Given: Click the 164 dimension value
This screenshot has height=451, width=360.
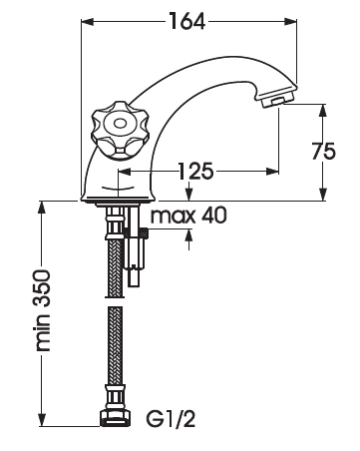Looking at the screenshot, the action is point(187,21).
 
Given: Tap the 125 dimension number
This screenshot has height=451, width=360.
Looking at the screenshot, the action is point(195,172).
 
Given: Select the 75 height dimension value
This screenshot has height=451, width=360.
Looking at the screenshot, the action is point(324,151).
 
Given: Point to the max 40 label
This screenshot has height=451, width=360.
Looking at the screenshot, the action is point(188,216).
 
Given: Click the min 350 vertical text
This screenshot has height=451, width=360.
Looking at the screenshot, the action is point(43,310).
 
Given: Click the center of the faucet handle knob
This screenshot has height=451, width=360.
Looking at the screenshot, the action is point(120,125).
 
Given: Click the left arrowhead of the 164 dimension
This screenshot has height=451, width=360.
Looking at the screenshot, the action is point(88,22).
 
